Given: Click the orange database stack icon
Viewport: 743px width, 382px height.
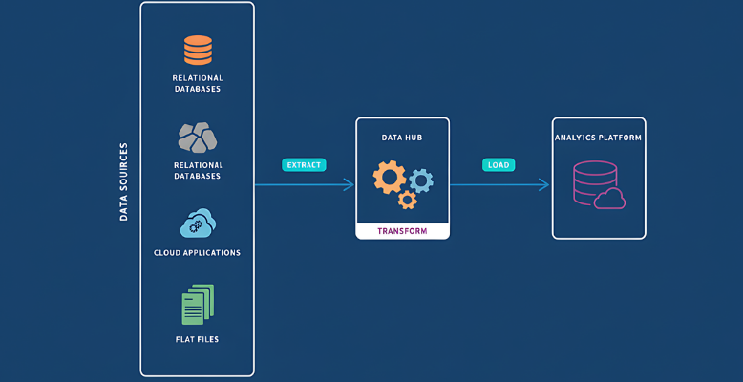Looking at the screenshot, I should (x=198, y=49).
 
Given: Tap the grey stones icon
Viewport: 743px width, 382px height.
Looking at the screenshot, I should (x=198, y=137).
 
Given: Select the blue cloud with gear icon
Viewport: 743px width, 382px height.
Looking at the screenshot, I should (x=198, y=223).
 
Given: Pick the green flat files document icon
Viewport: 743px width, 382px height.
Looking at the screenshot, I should (x=198, y=305).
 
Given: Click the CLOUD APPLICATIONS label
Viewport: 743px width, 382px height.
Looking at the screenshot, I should (x=198, y=253).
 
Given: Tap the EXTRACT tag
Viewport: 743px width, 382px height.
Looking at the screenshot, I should (x=305, y=164).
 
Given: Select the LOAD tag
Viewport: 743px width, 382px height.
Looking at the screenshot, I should (x=499, y=164).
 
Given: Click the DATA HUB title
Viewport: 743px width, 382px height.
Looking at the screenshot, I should (x=401, y=138).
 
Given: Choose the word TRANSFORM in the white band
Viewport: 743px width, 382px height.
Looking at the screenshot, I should (x=401, y=232).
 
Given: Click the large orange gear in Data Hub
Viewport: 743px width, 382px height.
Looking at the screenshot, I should (x=390, y=178).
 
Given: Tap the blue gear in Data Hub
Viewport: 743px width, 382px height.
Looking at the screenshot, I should (x=420, y=179).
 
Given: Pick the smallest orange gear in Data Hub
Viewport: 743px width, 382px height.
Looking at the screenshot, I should (x=408, y=200).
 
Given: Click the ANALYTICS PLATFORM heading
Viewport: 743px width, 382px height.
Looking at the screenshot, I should (x=599, y=138).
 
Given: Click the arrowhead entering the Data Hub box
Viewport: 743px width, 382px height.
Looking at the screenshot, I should (x=350, y=184).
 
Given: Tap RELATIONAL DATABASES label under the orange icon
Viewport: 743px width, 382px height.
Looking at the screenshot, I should (x=198, y=83).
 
